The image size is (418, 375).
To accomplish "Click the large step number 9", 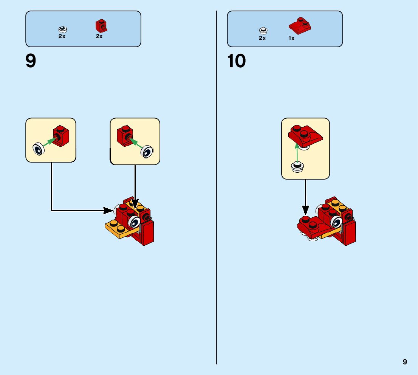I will click(31, 61).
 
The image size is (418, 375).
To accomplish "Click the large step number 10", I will click(237, 61).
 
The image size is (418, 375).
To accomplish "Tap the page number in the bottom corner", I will click(405, 362).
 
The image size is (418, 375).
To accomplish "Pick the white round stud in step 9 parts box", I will click(62, 29).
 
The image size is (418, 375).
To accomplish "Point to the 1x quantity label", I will click(291, 38).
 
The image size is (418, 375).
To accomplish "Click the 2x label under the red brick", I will click(99, 37).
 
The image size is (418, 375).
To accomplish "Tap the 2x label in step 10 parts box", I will click(262, 38).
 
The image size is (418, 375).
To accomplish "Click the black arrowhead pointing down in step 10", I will click(305, 210).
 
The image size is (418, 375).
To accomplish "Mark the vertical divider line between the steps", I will click(217, 189).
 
